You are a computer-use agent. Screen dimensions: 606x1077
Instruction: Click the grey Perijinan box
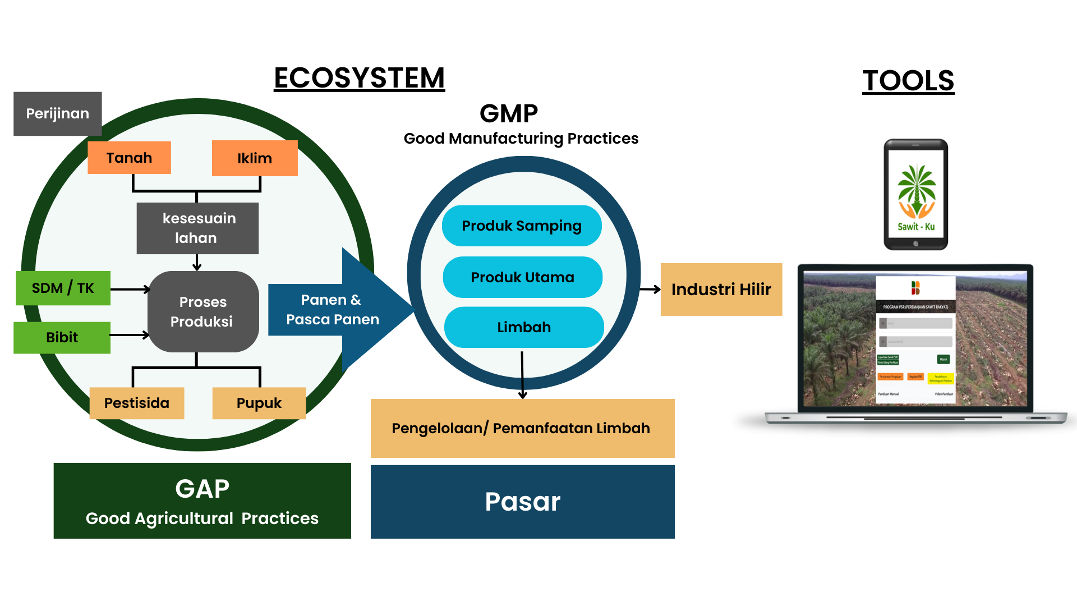click(x=57, y=113)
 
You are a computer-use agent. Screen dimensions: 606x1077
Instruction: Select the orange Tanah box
click(x=129, y=158)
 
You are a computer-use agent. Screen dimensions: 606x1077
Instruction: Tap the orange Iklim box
click(x=255, y=158)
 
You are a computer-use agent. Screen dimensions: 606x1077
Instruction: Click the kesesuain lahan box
click(x=197, y=228)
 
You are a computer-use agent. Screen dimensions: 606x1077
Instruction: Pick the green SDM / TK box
click(x=63, y=288)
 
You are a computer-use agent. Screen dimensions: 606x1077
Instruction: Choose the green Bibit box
click(x=62, y=337)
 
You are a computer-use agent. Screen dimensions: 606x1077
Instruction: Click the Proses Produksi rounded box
click(x=202, y=311)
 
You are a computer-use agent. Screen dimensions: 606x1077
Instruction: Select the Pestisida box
click(x=136, y=403)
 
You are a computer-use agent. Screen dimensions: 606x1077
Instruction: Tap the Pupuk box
click(x=259, y=403)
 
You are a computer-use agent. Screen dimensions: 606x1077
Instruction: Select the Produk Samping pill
click(x=522, y=226)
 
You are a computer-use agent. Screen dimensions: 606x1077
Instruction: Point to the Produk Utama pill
click(x=522, y=277)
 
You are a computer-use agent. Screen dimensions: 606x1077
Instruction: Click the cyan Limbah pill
click(x=524, y=327)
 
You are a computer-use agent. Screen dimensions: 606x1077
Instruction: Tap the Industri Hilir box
click(x=721, y=289)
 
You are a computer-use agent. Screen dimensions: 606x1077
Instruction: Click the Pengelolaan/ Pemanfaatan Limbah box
click(x=522, y=429)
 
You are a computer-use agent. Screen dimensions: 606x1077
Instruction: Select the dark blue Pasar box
click(x=522, y=502)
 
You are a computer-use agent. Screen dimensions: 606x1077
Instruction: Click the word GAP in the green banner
click(x=202, y=489)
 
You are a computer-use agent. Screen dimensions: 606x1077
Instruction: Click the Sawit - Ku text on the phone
click(x=916, y=227)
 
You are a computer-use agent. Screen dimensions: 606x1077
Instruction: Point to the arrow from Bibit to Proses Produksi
click(x=130, y=335)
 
